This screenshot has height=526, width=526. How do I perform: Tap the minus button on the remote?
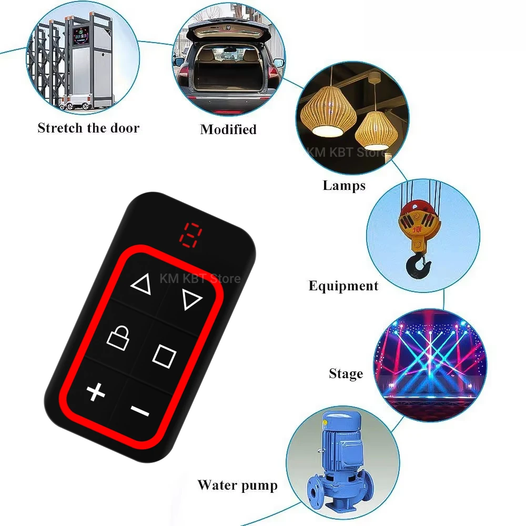[x=140, y=410]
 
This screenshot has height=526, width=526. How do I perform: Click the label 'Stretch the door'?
[x=88, y=128]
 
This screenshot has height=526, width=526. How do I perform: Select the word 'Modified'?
[x=228, y=129]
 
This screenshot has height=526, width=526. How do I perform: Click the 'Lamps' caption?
[x=344, y=185]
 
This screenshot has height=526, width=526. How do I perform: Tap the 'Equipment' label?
[x=343, y=286]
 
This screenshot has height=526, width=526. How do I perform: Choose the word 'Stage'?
[x=346, y=374]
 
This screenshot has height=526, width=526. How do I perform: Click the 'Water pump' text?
[x=237, y=484]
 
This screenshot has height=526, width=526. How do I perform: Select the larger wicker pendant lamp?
[x=323, y=111]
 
